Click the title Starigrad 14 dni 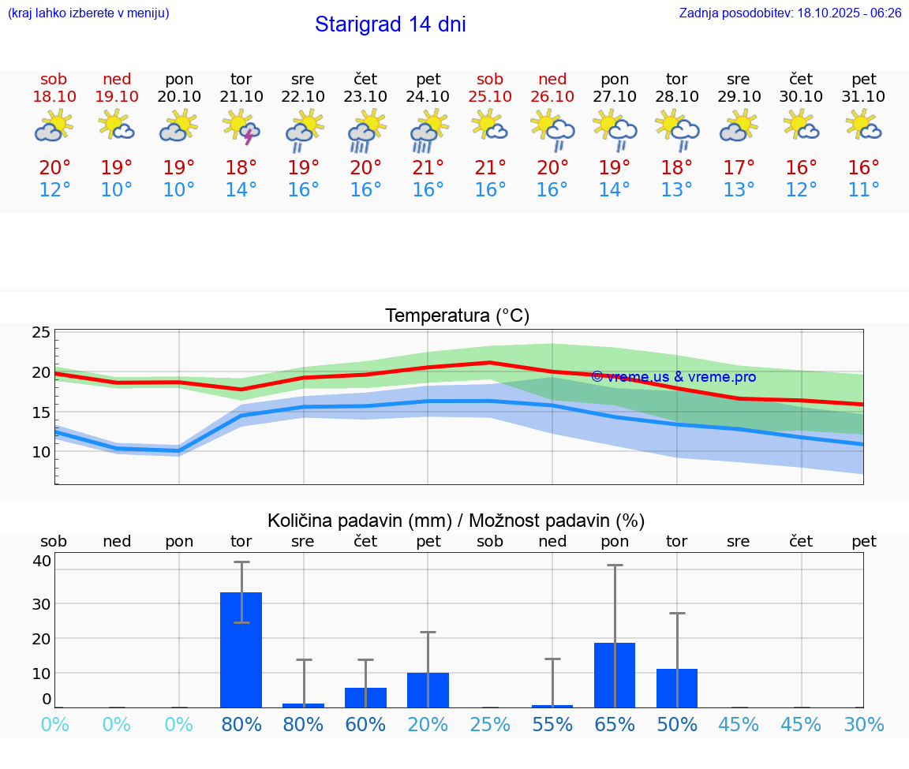pos(390,24)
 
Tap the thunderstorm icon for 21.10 pos(241,127)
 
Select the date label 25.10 pos(490,97)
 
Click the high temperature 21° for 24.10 pos(428,168)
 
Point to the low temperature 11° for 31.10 pos(864,190)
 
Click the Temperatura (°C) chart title pos(457,316)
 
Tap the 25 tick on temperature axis pos(41,333)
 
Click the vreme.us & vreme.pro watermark pos(673,377)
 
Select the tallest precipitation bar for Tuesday pos(241,649)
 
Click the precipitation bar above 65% pos(615,674)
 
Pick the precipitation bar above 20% pos(428,689)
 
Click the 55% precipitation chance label pos(552,725)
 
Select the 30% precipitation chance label pos(864,725)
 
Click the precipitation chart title pos(456,521)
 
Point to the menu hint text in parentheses pos(88,13)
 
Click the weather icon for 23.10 pos(365,130)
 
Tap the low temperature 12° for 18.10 pos(54,190)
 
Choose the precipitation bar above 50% pos(677,688)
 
